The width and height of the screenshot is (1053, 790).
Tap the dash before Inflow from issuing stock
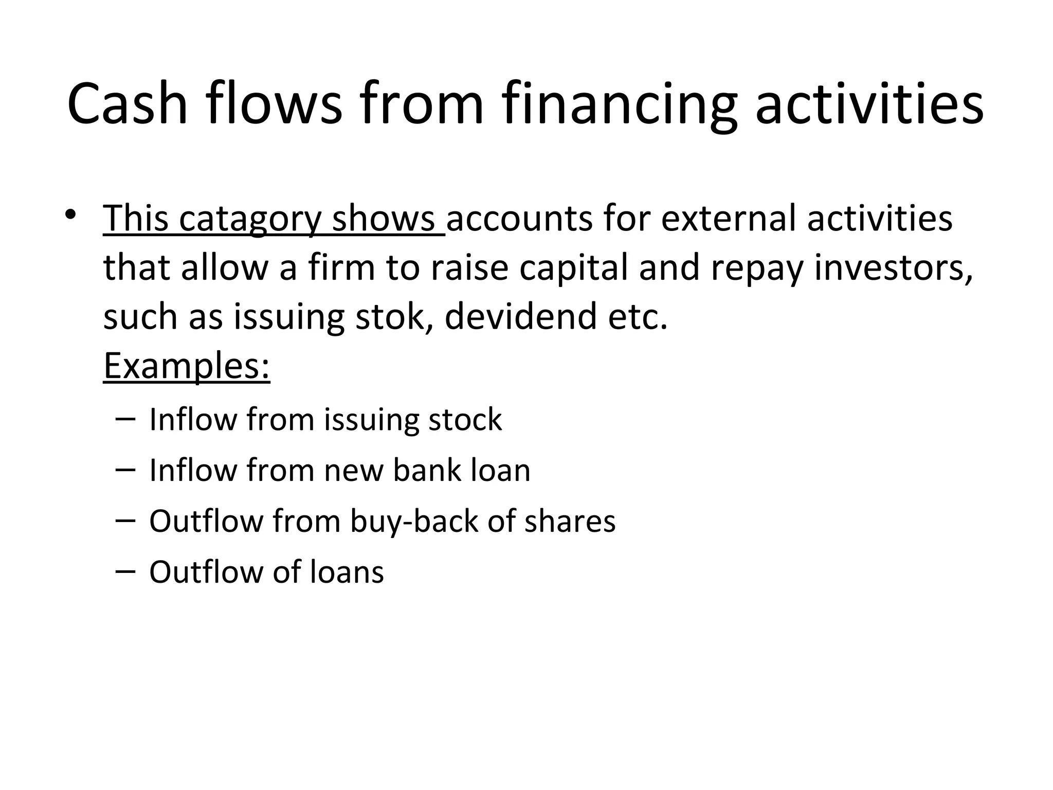(x=126, y=418)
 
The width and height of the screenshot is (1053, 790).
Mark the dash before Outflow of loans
(x=126, y=570)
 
